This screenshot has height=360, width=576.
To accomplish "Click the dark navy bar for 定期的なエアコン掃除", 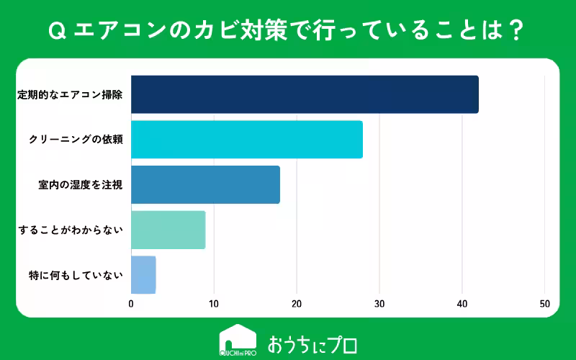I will [x=305, y=94].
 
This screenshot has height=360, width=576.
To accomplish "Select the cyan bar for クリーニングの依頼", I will [x=247, y=140].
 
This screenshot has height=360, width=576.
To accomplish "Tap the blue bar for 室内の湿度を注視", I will [x=205, y=185].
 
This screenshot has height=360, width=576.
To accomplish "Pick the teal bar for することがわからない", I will [x=168, y=230].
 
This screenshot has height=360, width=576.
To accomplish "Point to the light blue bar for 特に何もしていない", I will [x=143, y=274].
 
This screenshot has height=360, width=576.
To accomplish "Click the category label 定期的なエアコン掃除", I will [x=70, y=94].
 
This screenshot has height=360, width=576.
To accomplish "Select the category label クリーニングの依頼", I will [x=76, y=140].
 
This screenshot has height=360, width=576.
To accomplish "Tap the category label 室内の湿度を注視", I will [x=80, y=185].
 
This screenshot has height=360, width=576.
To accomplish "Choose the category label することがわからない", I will [x=71, y=230].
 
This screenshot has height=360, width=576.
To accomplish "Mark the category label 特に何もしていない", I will [x=75, y=274].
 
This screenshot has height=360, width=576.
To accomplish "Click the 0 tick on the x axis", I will [x=131, y=304].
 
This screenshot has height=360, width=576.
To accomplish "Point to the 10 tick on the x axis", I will [x=214, y=304].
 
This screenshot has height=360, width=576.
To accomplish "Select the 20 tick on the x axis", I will [x=297, y=304].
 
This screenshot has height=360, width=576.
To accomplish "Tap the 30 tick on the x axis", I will [x=379, y=304].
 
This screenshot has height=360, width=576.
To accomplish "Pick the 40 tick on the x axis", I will [x=462, y=304].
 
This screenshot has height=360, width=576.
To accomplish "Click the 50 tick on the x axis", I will [x=545, y=304].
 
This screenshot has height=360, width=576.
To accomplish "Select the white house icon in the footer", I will [x=238, y=341].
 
